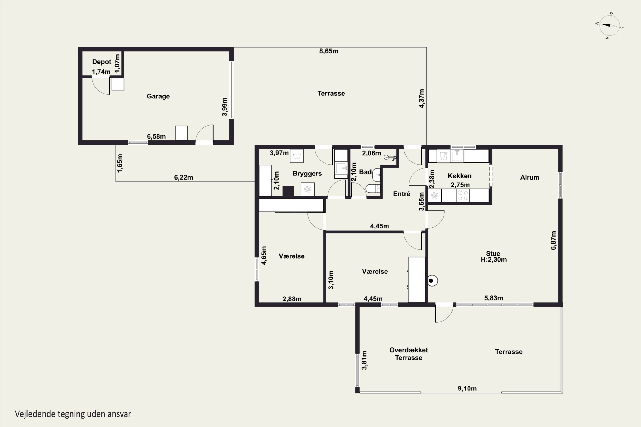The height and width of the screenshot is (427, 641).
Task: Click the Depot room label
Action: click(x=102, y=62)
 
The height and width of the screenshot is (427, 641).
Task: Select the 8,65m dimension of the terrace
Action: click(x=329, y=51)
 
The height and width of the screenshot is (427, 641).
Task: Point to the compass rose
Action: click(x=610, y=26)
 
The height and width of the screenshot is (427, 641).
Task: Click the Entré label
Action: click(x=402, y=194)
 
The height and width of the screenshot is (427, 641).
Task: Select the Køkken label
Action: click(x=460, y=176)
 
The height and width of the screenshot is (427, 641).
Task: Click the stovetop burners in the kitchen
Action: click(x=463, y=196)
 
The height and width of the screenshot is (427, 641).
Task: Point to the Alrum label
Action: click(x=529, y=178)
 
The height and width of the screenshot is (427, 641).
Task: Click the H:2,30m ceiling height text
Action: click(x=494, y=260)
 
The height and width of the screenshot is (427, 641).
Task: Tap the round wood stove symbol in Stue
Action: click(x=432, y=281)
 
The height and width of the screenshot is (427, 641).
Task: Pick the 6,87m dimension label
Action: click(x=553, y=240)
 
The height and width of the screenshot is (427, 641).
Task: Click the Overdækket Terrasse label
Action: click(x=409, y=354)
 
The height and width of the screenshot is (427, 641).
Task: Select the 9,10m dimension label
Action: click(x=467, y=389)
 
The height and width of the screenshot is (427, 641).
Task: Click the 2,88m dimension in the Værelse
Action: click(x=292, y=299)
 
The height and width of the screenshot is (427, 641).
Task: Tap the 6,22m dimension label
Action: click(x=183, y=178)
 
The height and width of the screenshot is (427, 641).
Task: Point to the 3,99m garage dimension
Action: click(x=225, y=107)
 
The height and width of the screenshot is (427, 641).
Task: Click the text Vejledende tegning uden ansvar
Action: click(x=73, y=414)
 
